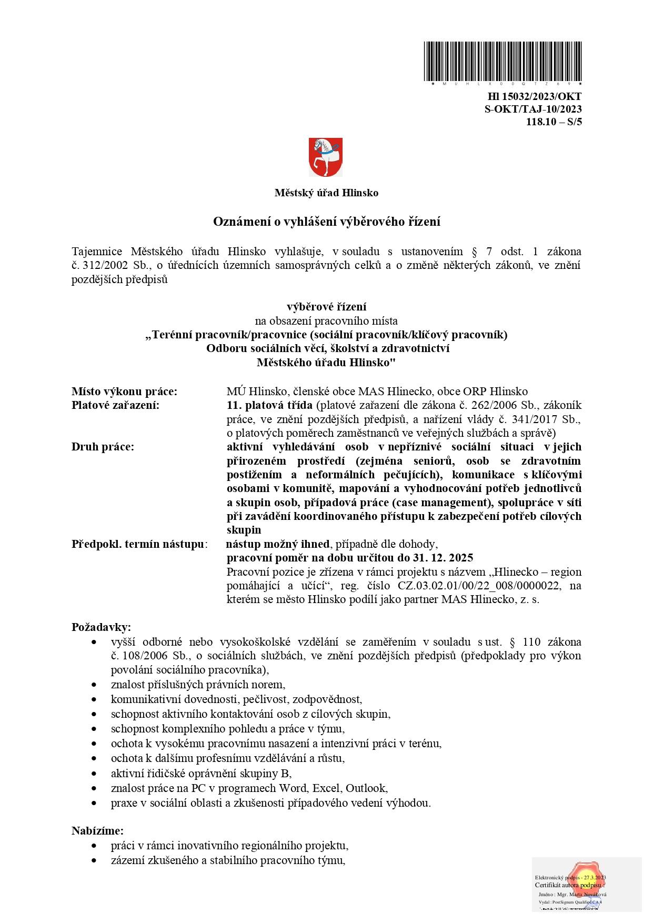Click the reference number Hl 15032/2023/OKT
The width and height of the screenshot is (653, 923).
tap(535, 96)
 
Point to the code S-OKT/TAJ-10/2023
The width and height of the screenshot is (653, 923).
tap(533, 109)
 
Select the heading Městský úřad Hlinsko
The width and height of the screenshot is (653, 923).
tap(326, 193)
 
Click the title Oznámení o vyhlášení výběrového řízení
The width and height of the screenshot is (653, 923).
tap(326, 222)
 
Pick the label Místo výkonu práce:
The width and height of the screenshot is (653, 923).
tap(124, 391)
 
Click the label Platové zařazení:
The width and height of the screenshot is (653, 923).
tap(115, 405)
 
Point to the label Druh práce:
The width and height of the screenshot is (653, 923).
tap(103, 446)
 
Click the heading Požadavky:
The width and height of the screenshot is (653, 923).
tap(101, 627)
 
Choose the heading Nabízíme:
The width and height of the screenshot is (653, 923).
tap(97, 830)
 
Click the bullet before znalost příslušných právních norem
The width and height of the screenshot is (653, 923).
tap(94, 685)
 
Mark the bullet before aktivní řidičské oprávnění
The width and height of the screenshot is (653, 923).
tap(94, 774)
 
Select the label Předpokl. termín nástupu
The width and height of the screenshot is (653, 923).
tap(138, 544)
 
